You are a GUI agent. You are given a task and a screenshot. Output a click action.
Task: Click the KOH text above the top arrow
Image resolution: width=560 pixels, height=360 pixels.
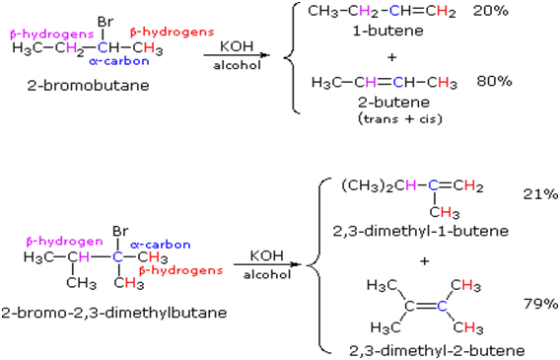tap(237, 45)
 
